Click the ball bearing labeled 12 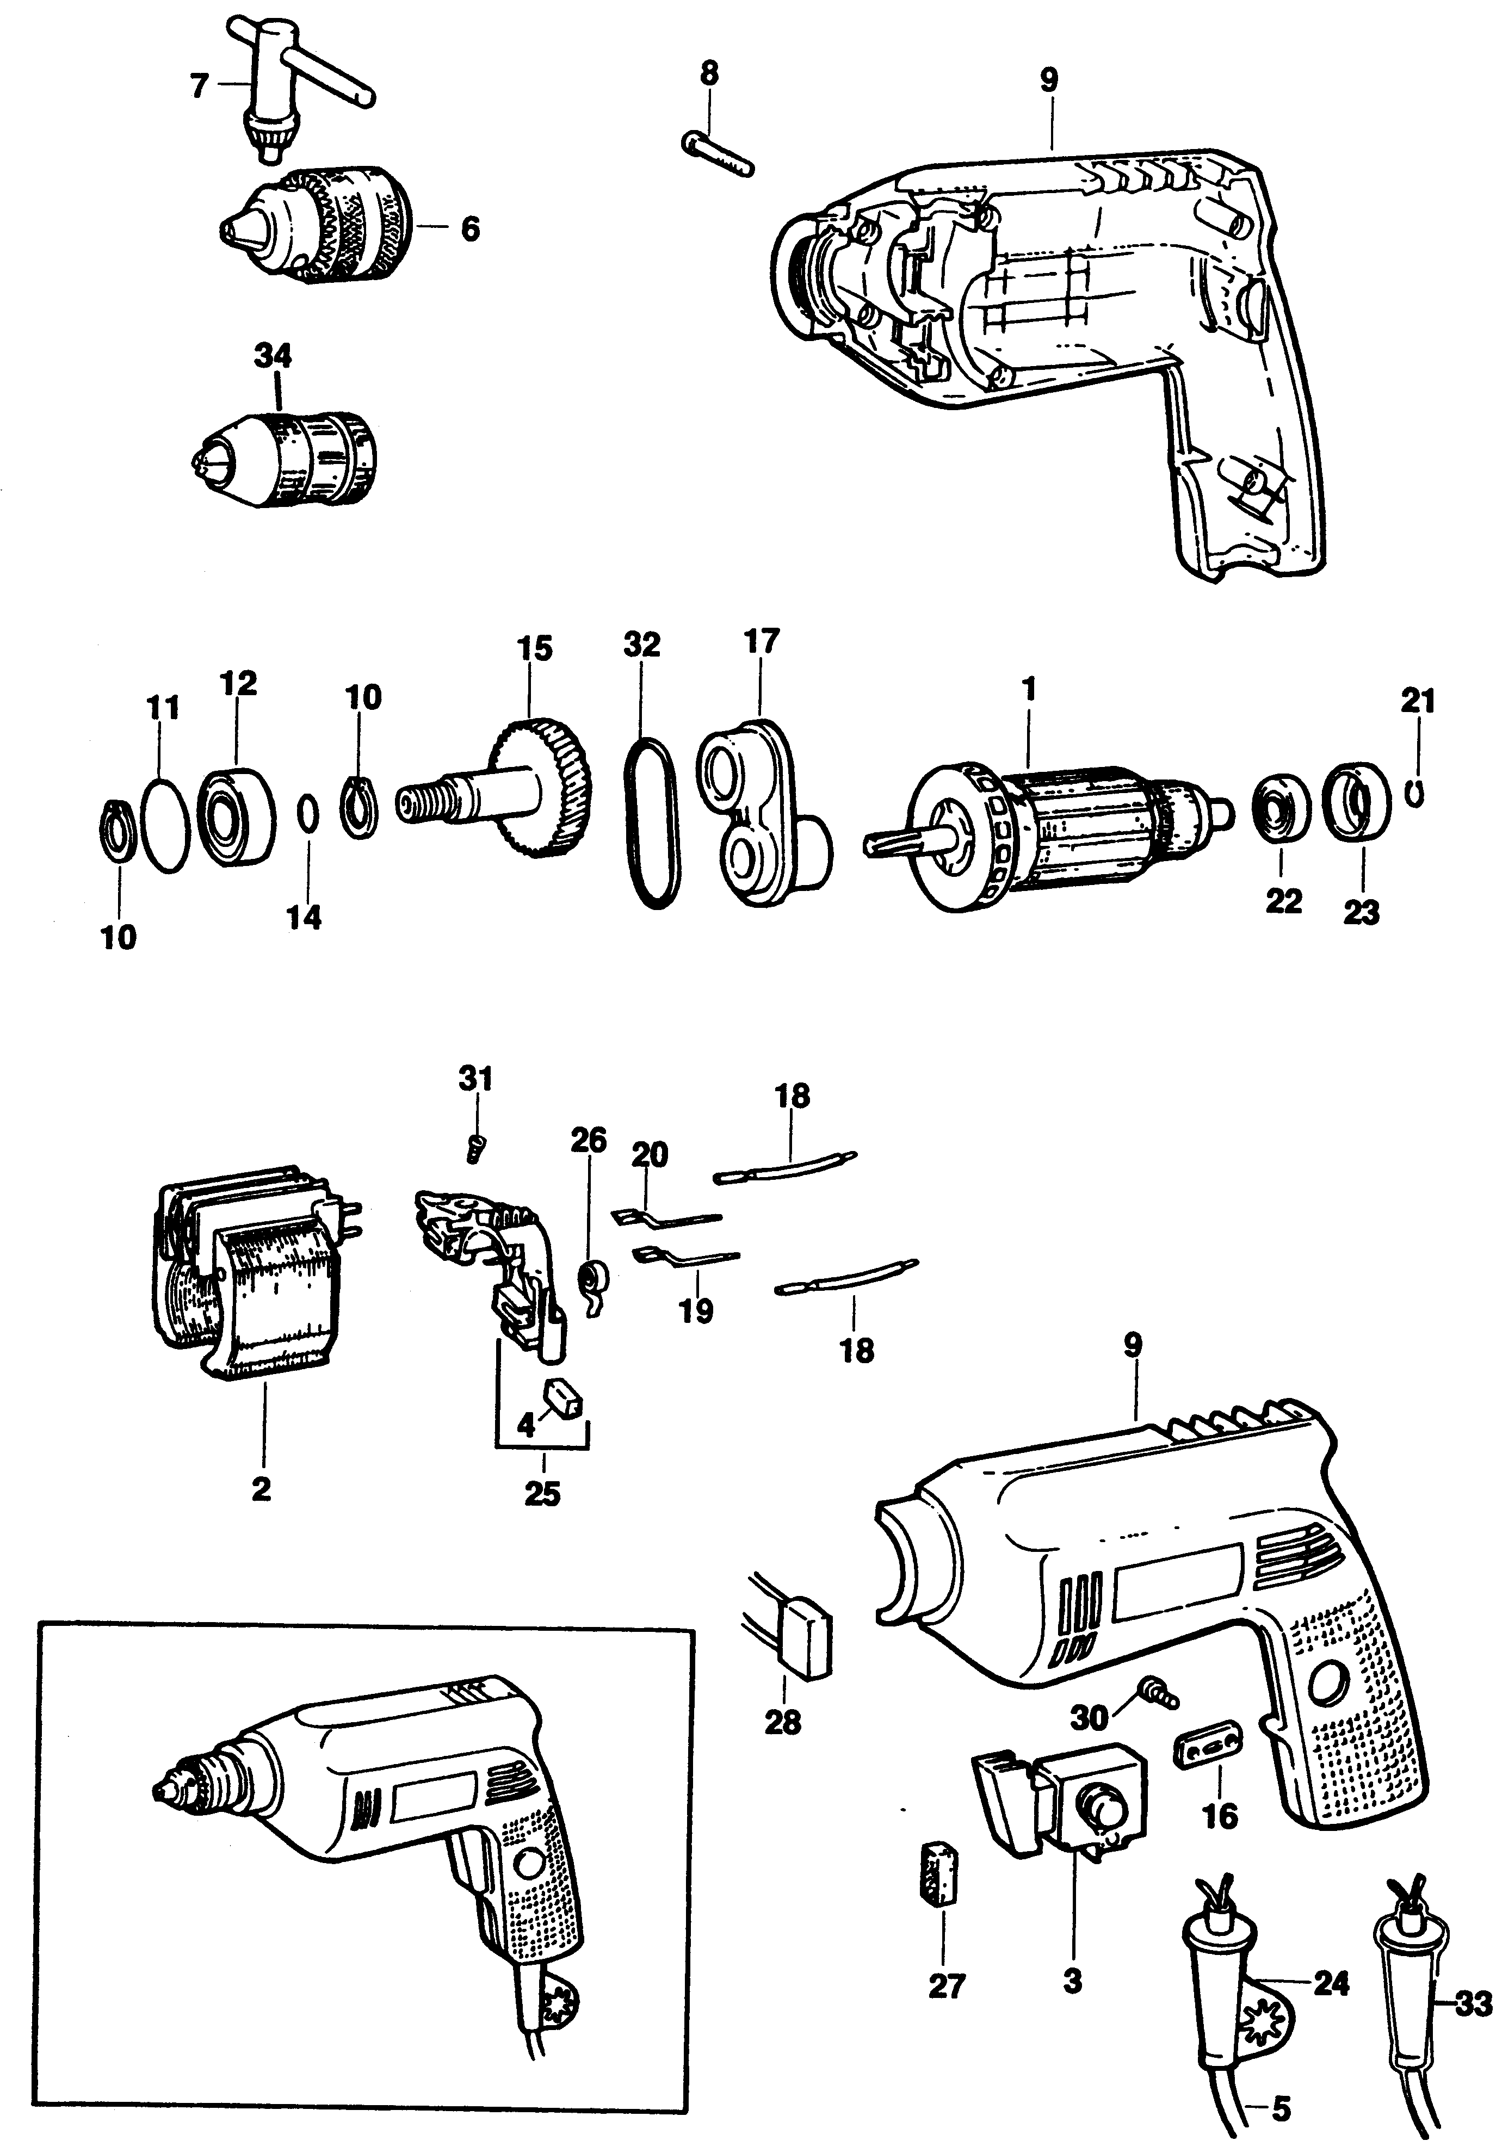click(x=238, y=804)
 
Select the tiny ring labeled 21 click(x=1417, y=793)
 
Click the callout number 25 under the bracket click(x=542, y=1493)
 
